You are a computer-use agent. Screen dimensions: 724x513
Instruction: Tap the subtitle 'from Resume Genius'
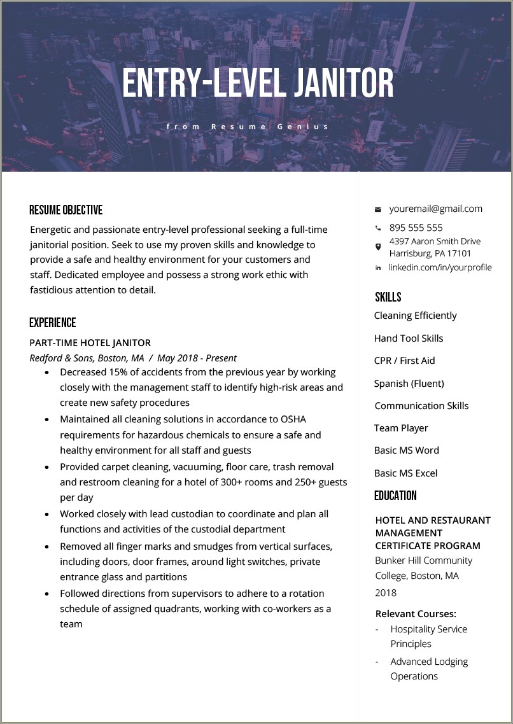[x=248, y=127]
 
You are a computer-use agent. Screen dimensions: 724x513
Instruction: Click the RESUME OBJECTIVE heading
[x=66, y=210]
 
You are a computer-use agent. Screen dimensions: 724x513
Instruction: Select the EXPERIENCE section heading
[x=53, y=323]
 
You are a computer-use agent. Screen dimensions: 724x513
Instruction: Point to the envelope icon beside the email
[x=377, y=209]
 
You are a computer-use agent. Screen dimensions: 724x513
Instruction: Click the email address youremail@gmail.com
[x=435, y=209]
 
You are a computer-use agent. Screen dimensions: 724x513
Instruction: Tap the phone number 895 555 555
[x=416, y=228]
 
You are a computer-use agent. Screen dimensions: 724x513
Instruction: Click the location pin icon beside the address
[x=377, y=246]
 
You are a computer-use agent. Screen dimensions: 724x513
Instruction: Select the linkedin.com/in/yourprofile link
[x=440, y=267]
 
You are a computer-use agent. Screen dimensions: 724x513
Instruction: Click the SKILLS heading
[x=388, y=297]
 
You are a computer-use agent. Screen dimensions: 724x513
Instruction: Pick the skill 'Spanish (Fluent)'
[x=409, y=383]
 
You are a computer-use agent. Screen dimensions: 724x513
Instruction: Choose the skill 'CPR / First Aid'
[x=404, y=361]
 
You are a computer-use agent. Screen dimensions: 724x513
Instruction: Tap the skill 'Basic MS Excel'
[x=405, y=473]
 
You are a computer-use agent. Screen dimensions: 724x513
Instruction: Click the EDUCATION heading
[x=395, y=496]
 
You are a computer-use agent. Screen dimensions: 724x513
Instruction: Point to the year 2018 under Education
[x=386, y=593]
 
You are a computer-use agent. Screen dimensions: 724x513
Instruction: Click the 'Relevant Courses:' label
[x=416, y=614]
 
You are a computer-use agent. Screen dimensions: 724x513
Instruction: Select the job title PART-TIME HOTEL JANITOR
[x=90, y=343]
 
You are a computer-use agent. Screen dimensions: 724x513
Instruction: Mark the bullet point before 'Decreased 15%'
[x=48, y=373]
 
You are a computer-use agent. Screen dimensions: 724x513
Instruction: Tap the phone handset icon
[x=377, y=228]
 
